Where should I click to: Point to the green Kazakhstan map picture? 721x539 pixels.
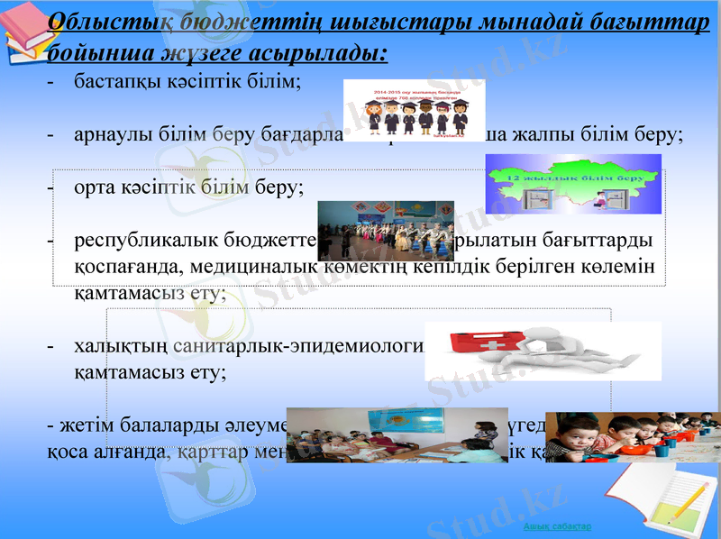(x=573, y=184)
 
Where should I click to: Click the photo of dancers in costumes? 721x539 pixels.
(x=386, y=231)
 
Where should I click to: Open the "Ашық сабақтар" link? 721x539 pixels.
(x=557, y=525)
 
